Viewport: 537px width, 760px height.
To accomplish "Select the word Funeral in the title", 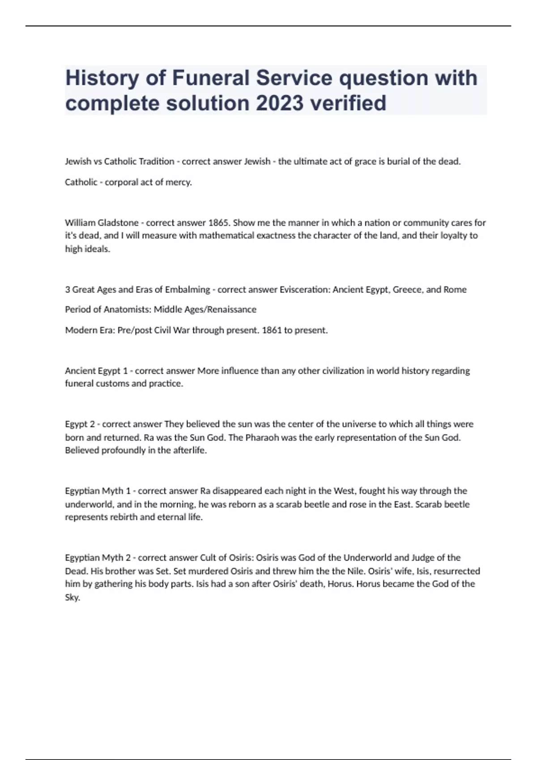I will [211, 78].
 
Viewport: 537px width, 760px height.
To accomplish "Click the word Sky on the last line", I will [72, 598].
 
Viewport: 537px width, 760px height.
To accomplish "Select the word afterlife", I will [190, 450].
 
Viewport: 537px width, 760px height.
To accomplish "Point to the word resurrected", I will [457, 571].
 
